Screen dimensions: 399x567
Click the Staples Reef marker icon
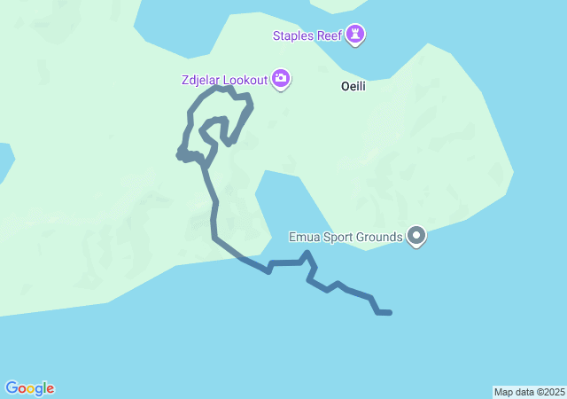pyautogui.click(x=356, y=35)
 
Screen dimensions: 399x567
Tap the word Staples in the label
pyautogui.click(x=293, y=35)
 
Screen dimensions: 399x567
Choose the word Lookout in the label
pyautogui.click(x=246, y=81)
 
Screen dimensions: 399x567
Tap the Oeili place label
pyautogui.click(x=353, y=87)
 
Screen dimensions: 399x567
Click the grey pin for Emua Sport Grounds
pyautogui.click(x=416, y=236)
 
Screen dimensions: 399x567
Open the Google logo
pyautogui.click(x=29, y=388)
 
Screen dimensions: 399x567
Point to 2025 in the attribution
pyautogui.click(x=553, y=392)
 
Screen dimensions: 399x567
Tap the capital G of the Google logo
pyautogui.click(x=12, y=387)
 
